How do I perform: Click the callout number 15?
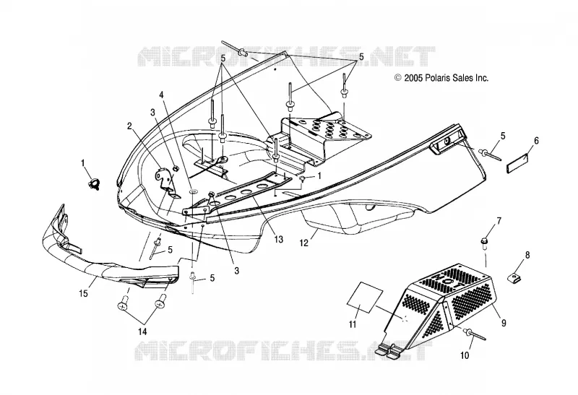pos(83,294)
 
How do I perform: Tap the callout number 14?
pos(142,332)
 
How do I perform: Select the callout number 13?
pos(279,240)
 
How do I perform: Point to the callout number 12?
pos(303,243)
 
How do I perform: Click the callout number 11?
pos(353,324)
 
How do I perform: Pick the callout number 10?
pos(465,355)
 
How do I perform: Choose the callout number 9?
pos(504,324)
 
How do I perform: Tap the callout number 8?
pos(527,255)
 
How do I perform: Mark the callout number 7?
pos(499,221)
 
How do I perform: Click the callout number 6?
pos(536,141)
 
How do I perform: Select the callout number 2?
pos(129,126)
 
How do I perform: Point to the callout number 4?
pos(161,95)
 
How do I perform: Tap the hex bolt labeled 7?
pos(483,241)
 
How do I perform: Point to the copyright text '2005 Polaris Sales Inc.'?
pos(446,78)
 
